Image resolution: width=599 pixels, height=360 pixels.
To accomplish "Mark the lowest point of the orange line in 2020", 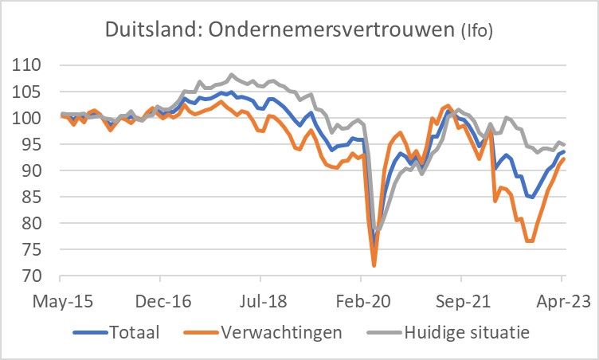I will tap(374, 265).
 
